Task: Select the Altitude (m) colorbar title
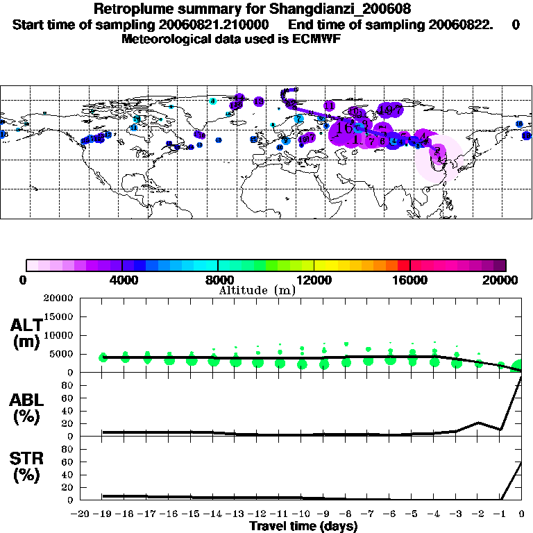pyautogui.click(x=257, y=289)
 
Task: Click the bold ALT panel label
pyautogui.click(x=26, y=325)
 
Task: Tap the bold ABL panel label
pyautogui.click(x=26, y=400)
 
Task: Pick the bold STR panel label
pyautogui.click(x=26, y=458)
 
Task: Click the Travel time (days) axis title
pyautogui.click(x=303, y=527)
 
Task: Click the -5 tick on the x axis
pyautogui.click(x=412, y=514)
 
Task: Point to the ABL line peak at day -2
pyautogui.click(x=478, y=422)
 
